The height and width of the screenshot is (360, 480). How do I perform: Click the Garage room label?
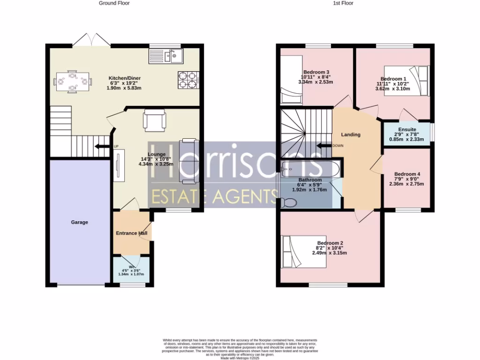[x=79, y=222]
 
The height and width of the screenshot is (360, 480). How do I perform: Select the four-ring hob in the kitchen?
[x=187, y=80]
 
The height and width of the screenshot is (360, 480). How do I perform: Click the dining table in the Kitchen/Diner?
[x=72, y=81]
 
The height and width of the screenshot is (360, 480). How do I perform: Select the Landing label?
[x=351, y=135]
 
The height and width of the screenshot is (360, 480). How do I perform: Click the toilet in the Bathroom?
[x=288, y=202]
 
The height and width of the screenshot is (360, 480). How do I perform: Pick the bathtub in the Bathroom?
[x=310, y=169]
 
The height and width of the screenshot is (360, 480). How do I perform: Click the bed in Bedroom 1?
[x=406, y=81]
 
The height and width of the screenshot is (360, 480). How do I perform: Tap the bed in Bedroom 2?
[x=303, y=252]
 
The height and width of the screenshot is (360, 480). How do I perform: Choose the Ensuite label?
[x=407, y=129]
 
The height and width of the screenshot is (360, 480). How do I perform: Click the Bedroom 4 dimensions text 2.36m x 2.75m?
[x=406, y=184]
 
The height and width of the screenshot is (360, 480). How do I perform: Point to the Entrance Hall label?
[x=132, y=233]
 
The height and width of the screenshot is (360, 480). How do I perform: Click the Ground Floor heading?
[x=114, y=3]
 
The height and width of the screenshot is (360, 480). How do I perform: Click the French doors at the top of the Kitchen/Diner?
[x=90, y=39]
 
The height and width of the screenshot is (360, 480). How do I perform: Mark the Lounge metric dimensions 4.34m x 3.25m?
[x=156, y=164]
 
